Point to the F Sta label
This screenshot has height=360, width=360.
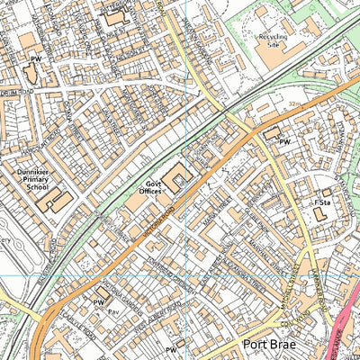[x=320, y=203]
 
